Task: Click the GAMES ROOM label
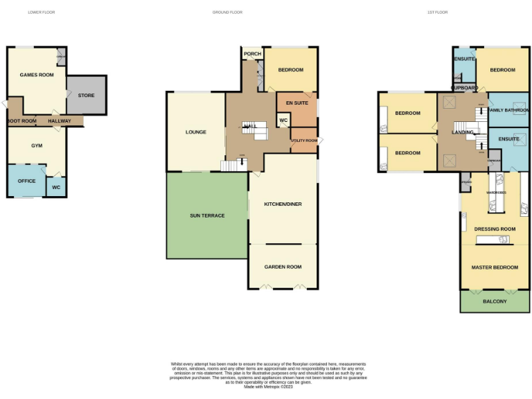point(32,74)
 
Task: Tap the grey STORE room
point(86,96)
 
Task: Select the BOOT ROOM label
point(22,121)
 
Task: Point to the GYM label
point(37,146)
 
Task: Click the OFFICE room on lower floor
point(26,181)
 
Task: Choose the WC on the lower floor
point(56,187)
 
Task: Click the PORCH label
point(252,53)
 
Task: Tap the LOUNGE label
point(196,132)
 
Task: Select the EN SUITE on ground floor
point(296,102)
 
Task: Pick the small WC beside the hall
point(283,121)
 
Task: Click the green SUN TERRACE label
point(207,215)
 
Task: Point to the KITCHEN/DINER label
point(283,204)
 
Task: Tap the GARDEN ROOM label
point(283,267)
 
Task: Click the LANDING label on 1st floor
point(463,132)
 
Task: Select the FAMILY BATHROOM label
point(508,110)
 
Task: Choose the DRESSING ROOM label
point(495,229)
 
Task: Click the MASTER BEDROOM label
point(495,267)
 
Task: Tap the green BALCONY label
point(495,301)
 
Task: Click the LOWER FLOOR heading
point(41,12)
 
